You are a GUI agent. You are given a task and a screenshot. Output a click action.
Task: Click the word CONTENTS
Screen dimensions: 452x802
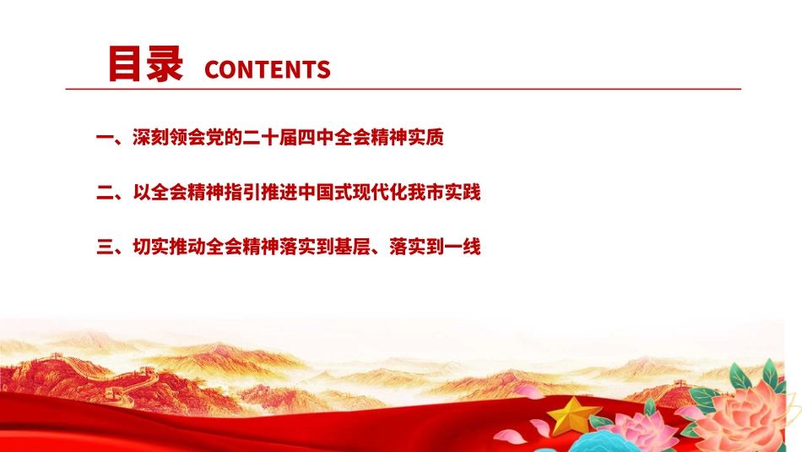tap(267, 69)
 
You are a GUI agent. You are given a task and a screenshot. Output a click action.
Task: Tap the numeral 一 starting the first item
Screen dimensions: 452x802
tap(105, 139)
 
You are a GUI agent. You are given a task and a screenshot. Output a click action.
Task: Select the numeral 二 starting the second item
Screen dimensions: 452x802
tap(105, 193)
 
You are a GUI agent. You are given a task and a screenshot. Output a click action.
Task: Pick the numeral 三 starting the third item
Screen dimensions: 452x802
tap(105, 248)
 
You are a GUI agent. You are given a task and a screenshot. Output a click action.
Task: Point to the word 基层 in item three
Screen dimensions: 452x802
tap(355, 248)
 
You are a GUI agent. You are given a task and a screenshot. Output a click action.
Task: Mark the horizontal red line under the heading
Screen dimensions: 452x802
tap(404, 89)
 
